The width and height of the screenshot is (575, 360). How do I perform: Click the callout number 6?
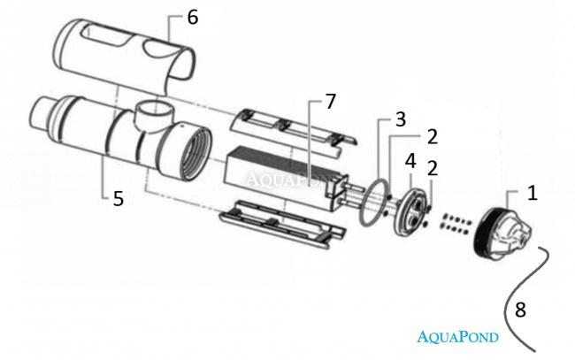[193, 17]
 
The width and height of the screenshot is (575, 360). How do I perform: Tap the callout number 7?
[331, 102]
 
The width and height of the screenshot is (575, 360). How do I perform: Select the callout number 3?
[400, 119]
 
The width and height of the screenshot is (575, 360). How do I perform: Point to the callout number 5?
[118, 199]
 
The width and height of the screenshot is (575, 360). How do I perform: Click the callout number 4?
[410, 161]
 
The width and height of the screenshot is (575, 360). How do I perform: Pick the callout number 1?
[533, 193]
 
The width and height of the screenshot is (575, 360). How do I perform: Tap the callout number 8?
[520, 310]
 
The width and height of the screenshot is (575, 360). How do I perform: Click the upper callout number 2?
[433, 136]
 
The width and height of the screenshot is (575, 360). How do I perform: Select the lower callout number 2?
[433, 168]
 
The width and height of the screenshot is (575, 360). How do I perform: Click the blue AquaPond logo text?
[457, 336]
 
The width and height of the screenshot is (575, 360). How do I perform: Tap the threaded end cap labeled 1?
[502, 234]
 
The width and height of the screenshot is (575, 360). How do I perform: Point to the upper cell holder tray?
[293, 131]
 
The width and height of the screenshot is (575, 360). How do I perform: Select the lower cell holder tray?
[282, 224]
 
